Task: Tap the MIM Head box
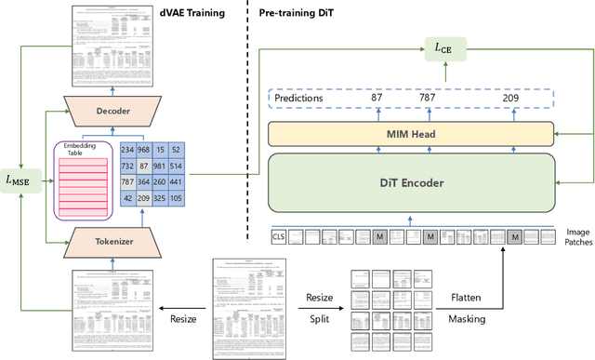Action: pos(412,132)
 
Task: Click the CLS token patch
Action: pos(278,236)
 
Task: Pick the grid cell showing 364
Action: pos(143,181)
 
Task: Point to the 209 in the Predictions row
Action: pos(510,97)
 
